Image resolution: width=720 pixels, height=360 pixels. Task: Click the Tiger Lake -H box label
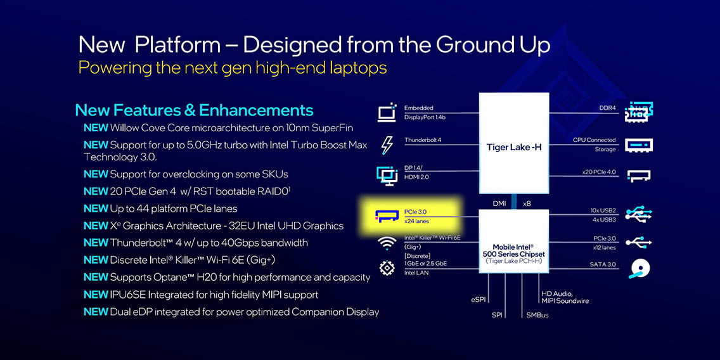(x=514, y=148)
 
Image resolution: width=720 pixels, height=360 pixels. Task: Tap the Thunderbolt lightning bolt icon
(x=387, y=146)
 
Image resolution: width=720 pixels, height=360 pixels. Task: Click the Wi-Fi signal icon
(x=387, y=243)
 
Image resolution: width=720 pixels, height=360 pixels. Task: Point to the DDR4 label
(x=607, y=108)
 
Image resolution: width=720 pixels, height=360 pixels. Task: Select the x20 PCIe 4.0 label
(x=599, y=172)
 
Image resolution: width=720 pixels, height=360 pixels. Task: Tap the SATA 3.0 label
(x=603, y=264)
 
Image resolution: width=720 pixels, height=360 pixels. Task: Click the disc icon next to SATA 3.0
(x=638, y=269)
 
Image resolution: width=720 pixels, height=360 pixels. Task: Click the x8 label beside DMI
(x=527, y=203)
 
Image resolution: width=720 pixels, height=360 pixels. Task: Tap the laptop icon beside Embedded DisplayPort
(x=387, y=113)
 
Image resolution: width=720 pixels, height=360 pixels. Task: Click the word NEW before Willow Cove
(x=96, y=127)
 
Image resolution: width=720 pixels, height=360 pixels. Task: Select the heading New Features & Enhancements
(x=194, y=110)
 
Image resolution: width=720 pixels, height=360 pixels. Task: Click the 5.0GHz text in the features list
(x=214, y=145)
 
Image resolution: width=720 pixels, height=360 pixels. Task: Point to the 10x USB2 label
(x=603, y=210)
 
